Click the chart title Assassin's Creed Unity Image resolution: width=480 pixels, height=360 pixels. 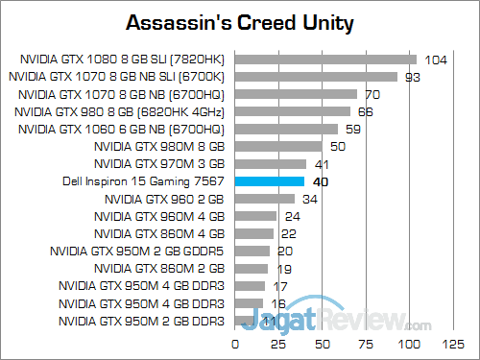(239, 20)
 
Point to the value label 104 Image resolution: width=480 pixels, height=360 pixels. (436, 60)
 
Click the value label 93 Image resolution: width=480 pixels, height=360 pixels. (414, 77)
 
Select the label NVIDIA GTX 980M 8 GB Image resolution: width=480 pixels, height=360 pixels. (159, 147)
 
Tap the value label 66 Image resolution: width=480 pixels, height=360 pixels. (366, 111)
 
